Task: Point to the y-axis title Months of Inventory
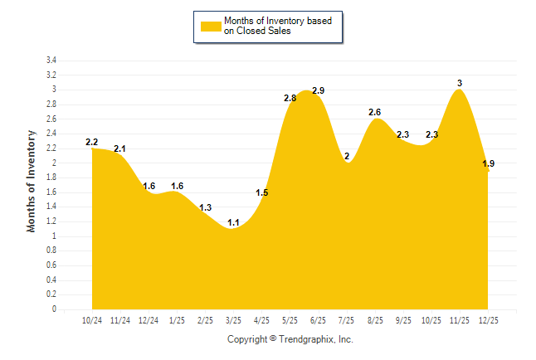32,180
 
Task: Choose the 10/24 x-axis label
92,320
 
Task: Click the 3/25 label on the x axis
233,320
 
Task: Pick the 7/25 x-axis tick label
346,320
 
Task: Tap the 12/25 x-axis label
488,320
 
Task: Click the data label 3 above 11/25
460,83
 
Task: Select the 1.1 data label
233,222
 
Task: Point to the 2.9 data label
318,90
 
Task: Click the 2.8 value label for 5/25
290,98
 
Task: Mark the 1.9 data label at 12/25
489,164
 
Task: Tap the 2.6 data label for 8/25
374,112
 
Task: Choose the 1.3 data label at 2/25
206,207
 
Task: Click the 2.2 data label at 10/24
92,142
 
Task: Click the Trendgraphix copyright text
290,339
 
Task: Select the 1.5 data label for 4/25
261,193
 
